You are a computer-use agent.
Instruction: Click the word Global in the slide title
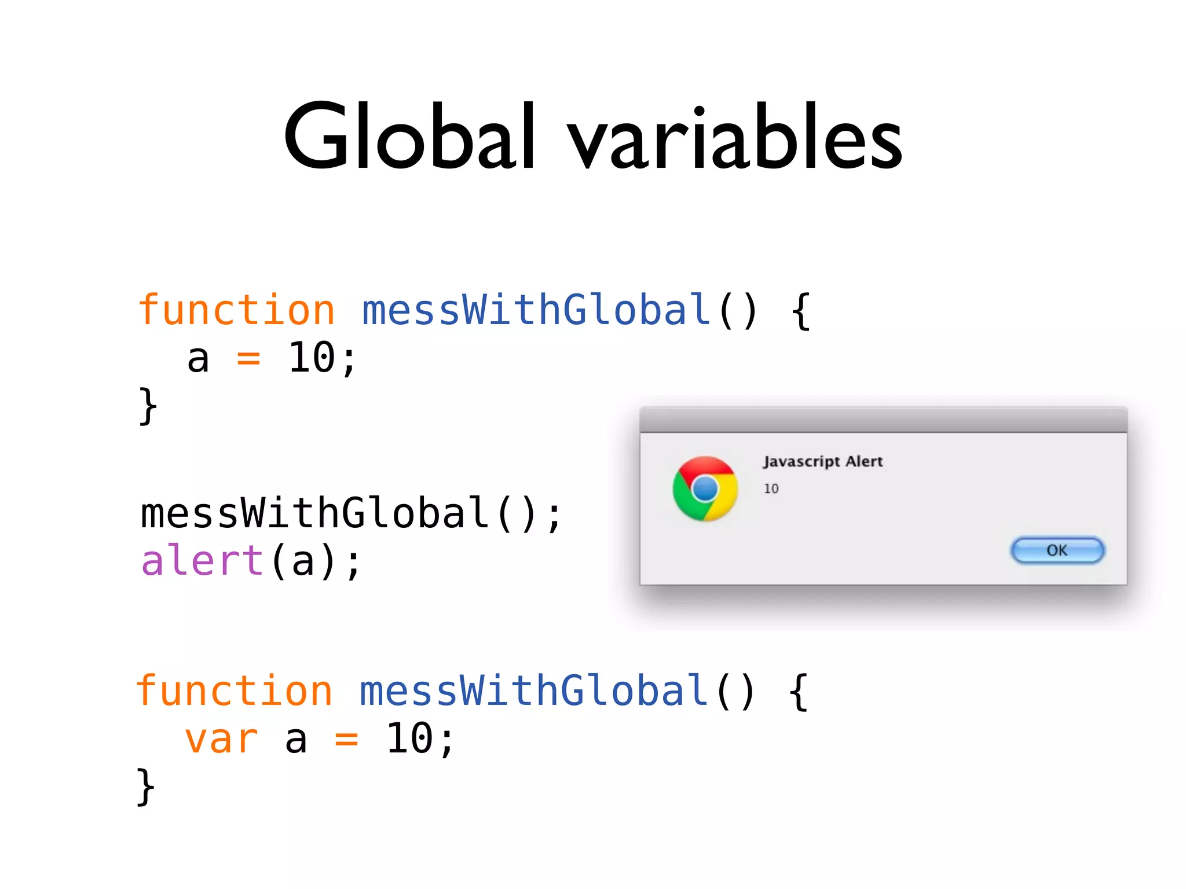409,137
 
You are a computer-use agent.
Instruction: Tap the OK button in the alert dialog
1057,550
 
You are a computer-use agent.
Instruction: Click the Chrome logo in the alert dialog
705,488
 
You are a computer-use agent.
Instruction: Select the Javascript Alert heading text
822,461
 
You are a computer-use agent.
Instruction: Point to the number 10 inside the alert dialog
771,488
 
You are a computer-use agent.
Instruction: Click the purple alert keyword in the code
202,561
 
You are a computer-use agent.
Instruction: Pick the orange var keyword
221,739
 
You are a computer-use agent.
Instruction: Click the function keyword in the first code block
236,310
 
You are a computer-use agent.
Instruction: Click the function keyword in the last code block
234,691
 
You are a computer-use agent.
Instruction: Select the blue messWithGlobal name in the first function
536,310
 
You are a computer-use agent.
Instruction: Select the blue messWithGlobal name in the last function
533,691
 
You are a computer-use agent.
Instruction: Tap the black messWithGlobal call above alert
314,513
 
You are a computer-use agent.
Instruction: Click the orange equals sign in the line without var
248,359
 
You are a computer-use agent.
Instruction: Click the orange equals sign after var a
346,740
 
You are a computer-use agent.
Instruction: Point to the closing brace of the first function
148,406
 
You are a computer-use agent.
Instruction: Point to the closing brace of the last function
146,787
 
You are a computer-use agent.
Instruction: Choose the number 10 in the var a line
410,739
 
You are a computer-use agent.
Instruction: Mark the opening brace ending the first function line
800,311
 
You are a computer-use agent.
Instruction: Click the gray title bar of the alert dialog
883,420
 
